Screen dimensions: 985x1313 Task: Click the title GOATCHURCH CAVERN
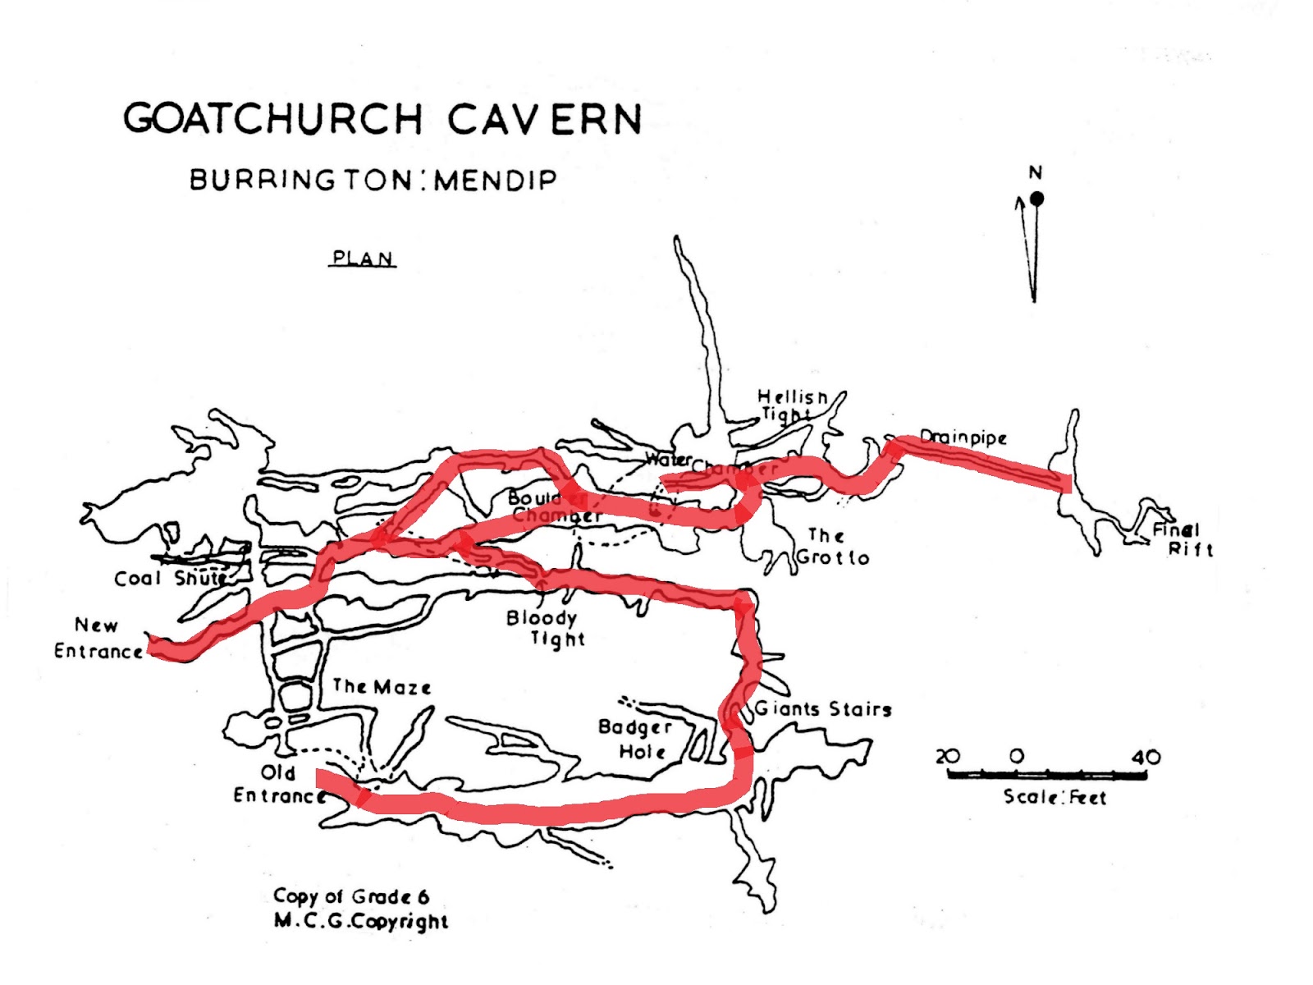pos(382,119)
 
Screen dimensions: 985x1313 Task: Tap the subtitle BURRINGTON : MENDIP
pos(373,180)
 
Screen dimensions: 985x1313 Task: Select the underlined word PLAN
pos(363,259)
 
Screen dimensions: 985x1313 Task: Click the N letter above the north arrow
pos(1036,173)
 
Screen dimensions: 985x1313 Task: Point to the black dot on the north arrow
pos(1037,199)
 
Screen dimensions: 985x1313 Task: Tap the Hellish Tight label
pos(791,405)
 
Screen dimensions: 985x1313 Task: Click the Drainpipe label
pos(963,438)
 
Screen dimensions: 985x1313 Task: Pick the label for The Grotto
pos(832,547)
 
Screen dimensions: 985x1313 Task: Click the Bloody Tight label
pos(544,628)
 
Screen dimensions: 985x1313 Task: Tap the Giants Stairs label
pos(823,709)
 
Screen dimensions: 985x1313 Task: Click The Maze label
pos(382,686)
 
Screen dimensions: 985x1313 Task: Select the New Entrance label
pos(98,639)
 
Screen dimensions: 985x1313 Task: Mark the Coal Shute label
pos(171,579)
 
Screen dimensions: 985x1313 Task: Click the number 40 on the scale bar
pos(1146,757)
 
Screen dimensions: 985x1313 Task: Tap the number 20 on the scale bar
pos(947,756)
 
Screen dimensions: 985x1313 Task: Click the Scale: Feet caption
pos(1055,797)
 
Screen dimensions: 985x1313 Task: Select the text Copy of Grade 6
pos(351,896)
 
